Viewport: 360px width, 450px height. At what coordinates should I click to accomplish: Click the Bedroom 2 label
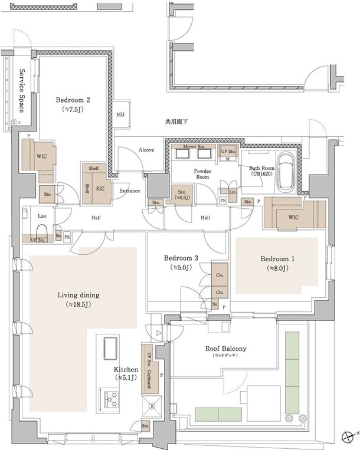74,100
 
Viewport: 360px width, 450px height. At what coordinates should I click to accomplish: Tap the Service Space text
22,90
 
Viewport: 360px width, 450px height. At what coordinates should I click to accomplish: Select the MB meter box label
120,114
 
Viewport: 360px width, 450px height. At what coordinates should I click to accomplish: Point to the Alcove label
146,150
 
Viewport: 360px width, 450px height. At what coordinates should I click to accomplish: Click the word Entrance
130,191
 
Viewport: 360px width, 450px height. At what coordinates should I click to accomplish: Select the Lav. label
42,216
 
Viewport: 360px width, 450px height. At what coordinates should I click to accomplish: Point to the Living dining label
78,295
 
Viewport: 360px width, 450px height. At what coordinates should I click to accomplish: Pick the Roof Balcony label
227,349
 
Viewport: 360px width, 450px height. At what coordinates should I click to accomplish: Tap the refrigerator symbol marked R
152,406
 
